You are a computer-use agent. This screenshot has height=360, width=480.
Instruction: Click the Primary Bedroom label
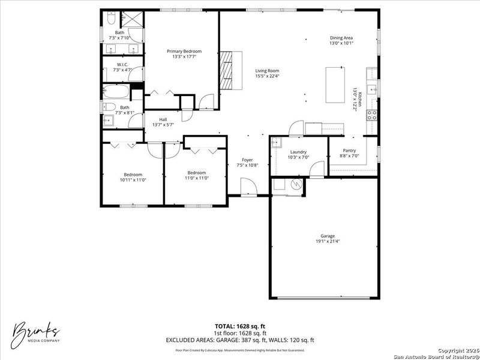point(184,52)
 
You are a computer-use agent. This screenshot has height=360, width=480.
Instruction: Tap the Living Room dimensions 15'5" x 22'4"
point(268,76)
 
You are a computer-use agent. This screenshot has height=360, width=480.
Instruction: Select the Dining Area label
point(341,38)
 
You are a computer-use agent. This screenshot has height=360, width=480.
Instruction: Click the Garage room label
point(328,236)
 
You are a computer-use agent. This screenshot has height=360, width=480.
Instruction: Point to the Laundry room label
point(298,152)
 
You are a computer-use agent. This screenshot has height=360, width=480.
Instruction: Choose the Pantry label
point(349,151)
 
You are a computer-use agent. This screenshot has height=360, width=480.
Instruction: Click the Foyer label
point(247,160)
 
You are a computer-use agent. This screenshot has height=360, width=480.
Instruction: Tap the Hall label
point(163,119)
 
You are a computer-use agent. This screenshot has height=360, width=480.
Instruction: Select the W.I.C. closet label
point(121,65)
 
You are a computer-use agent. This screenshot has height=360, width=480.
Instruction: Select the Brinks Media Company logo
point(37,332)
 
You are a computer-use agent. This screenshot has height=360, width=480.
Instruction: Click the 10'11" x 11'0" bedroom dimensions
point(133,179)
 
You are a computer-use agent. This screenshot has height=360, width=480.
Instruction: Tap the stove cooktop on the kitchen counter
point(372,115)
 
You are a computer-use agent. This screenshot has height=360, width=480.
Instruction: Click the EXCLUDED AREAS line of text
point(239,340)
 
